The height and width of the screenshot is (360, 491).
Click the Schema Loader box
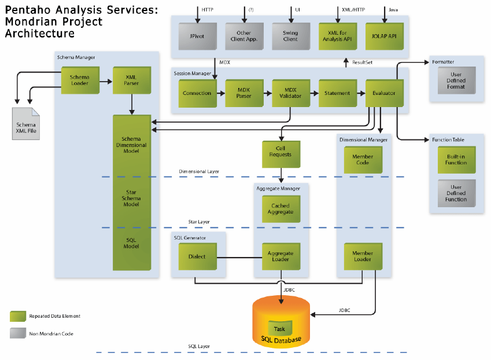(x=80, y=82)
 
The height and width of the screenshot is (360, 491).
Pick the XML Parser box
(x=132, y=81)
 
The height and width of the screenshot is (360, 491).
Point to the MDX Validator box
(x=291, y=93)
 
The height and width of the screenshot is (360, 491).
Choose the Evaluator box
(x=384, y=93)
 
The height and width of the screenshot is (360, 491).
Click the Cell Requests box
(x=280, y=152)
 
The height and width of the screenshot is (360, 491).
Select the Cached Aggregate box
(x=280, y=209)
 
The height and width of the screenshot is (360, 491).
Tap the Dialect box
(x=197, y=256)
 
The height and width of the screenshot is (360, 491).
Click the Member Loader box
(x=363, y=256)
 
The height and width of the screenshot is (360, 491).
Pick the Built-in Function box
(x=456, y=159)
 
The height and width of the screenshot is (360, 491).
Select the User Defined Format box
(x=456, y=80)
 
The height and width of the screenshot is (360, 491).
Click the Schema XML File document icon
(x=25, y=124)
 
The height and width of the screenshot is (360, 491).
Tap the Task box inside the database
(x=279, y=329)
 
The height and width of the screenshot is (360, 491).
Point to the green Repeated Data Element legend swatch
(x=18, y=316)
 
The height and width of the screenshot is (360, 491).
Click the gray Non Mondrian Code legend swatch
(x=18, y=333)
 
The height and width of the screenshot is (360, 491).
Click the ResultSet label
(x=363, y=61)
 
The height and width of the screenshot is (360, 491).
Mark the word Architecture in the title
(x=40, y=34)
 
